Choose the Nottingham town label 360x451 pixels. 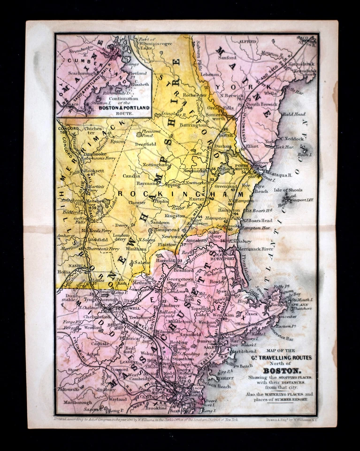click(157, 165)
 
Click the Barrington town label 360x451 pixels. click(191, 125)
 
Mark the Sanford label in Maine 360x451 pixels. click(226, 58)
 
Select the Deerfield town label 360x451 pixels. click(146, 145)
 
